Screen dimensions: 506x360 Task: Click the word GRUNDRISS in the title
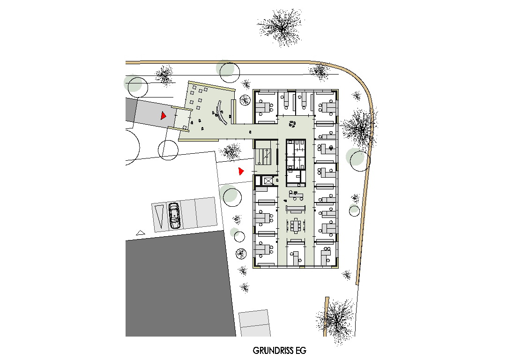coord(273,351)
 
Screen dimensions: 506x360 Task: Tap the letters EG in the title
coord(301,351)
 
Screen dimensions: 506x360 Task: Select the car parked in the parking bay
coord(174,216)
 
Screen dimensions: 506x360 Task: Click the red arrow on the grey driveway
coord(164,115)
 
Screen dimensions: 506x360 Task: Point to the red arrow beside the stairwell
coord(241,171)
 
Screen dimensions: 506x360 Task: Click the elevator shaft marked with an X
coord(268,180)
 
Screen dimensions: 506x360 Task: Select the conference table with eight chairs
coord(296,225)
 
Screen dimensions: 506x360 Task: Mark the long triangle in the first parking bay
coord(159,216)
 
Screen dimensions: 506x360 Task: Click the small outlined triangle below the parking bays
coord(140,232)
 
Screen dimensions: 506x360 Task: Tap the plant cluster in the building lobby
coord(292,124)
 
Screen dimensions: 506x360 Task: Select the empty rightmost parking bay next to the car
coord(206,212)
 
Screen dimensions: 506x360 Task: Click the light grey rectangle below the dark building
coord(254,323)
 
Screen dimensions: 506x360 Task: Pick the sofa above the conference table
coord(296,209)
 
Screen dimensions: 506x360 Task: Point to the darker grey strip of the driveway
coord(130,110)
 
